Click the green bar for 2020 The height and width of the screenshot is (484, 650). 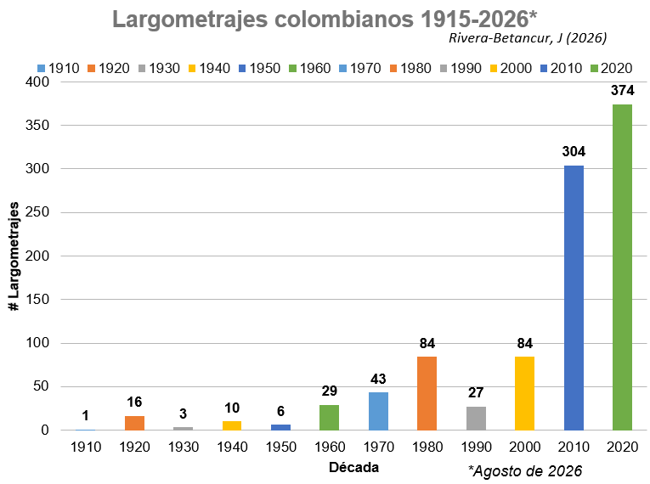622,267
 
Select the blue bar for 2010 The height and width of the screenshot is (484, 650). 574,298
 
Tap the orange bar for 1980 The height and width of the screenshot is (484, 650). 427,393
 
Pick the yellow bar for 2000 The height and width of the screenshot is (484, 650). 525,393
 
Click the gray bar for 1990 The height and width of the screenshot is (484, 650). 476,418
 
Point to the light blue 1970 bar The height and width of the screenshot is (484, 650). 378,411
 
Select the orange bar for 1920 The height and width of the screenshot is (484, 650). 135,423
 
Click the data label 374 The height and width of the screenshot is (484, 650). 622,90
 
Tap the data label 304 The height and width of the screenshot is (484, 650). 574,152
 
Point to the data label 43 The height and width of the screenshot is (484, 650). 378,379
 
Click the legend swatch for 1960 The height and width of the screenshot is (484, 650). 292,69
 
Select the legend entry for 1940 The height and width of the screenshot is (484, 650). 209,69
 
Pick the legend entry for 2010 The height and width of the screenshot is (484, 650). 562,69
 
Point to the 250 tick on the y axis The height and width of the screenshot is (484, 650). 37,212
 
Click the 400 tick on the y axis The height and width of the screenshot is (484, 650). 37,82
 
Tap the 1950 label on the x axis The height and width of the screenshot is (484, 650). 281,447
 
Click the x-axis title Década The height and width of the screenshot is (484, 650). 353,467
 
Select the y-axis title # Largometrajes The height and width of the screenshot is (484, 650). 14,256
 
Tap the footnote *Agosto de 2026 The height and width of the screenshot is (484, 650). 525,471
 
